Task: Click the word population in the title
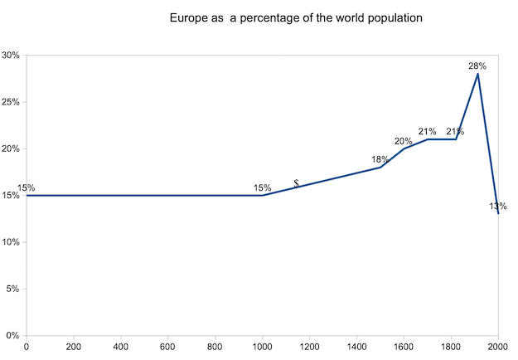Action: [394, 17]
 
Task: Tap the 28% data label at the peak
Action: [477, 65]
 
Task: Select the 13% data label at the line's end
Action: [498, 207]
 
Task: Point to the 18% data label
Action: [380, 159]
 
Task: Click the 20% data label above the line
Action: [404, 141]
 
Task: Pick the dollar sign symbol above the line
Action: [296, 183]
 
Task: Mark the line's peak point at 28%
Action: [477, 74]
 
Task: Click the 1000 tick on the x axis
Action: [262, 348]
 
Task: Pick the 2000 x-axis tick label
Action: [498, 348]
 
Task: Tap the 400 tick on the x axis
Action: [121, 348]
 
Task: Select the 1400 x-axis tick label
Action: [356, 348]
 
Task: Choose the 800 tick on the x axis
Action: [215, 348]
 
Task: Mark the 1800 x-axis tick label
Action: [451, 348]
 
